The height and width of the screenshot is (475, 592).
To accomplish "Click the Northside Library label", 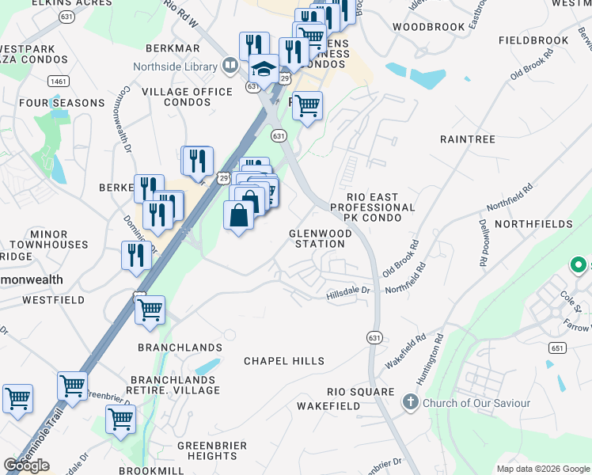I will point(174,66).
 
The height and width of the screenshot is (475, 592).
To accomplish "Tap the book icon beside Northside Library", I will point(230,65).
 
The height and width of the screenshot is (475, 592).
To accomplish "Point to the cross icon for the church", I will point(410,402).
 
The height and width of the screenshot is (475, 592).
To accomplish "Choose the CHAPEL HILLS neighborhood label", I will point(283,361).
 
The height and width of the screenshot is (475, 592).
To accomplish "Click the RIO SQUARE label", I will point(361,392).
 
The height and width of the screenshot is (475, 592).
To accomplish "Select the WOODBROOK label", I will point(428,27).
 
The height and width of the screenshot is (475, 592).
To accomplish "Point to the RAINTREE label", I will point(467,139).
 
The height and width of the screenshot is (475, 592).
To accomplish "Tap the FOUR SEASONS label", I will point(62,103).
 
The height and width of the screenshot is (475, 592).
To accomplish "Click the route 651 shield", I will point(556,348).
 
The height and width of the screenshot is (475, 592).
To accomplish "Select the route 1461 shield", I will point(57,81).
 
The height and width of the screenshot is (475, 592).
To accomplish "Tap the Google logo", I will point(26,465).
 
